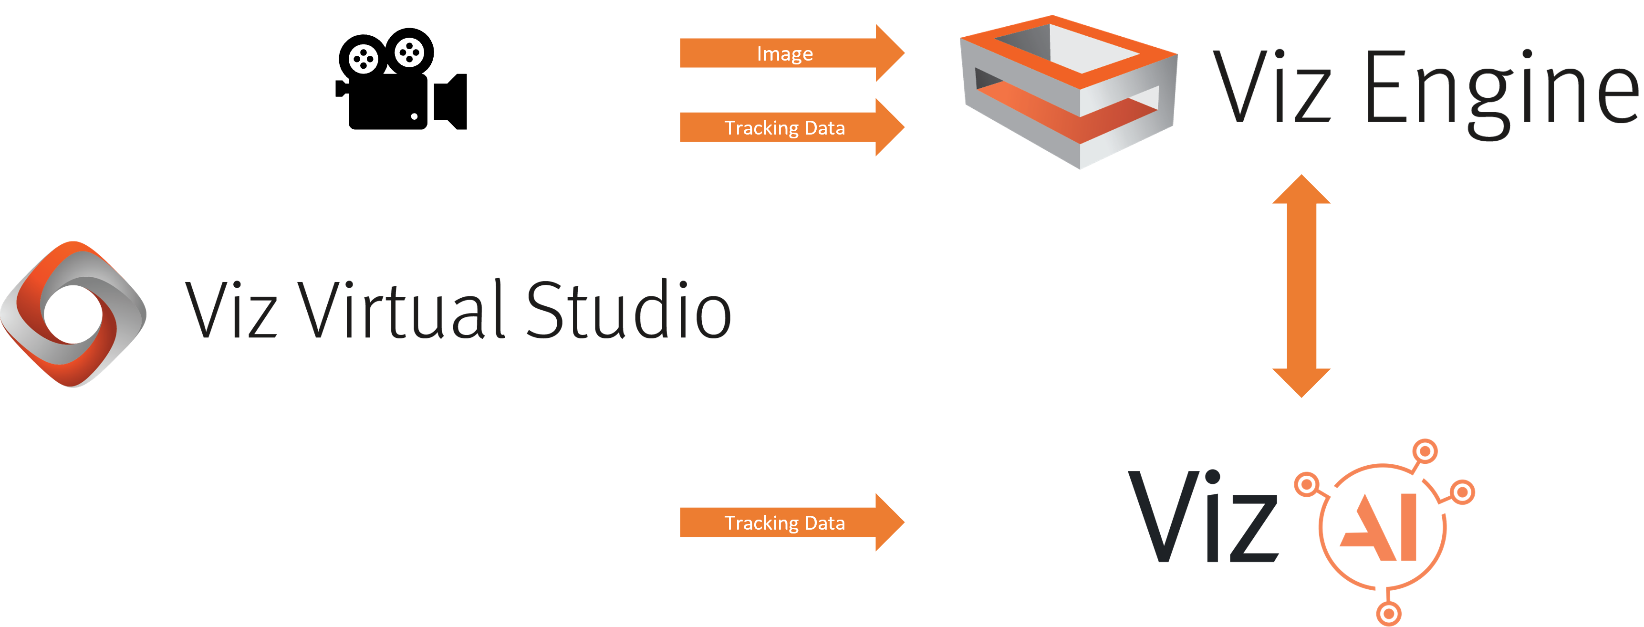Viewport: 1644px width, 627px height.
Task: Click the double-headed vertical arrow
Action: point(1301,285)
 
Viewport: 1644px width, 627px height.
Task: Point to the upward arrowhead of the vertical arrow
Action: point(1301,190)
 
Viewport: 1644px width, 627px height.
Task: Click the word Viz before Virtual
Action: point(230,312)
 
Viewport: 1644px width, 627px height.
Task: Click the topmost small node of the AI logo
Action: point(1425,451)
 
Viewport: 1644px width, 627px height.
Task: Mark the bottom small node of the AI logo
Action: point(1388,614)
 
